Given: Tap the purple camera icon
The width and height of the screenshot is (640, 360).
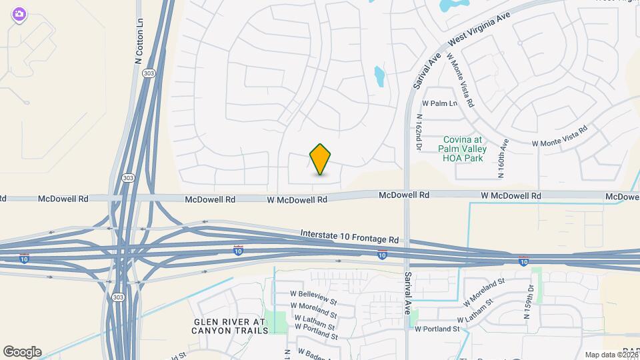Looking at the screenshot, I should point(19,14).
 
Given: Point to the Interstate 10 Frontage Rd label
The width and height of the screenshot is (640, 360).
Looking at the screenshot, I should point(349,235).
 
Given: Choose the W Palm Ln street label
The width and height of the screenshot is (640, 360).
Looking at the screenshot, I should point(440,104).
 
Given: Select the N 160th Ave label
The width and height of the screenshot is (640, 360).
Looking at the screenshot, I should point(503,159).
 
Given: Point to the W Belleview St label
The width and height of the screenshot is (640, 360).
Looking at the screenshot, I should point(313,297).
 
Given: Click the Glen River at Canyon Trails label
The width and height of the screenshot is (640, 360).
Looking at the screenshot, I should point(229,325).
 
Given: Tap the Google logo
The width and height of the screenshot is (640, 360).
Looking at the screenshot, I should point(22,352).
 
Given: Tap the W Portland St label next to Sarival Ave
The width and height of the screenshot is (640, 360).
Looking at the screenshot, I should point(437,329).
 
